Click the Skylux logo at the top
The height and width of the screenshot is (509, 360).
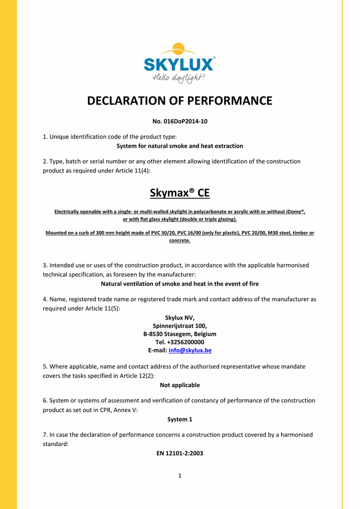point(179,64)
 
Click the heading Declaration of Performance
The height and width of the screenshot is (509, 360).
point(179,100)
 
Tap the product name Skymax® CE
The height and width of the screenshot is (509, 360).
point(179,193)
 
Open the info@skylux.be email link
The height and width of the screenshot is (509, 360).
point(190,350)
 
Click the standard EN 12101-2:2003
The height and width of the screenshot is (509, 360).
point(179,453)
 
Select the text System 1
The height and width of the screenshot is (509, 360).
point(179,419)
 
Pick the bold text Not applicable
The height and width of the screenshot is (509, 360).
point(179,385)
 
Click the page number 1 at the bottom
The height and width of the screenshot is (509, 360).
point(179,475)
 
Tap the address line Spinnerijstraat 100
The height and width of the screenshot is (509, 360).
point(179,325)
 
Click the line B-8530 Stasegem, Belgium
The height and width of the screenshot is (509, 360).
point(179,334)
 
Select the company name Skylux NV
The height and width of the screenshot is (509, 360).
point(179,317)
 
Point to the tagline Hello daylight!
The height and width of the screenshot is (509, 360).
point(178,78)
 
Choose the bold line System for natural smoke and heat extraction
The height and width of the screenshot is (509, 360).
point(179,146)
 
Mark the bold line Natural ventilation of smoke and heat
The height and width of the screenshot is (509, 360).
point(179,283)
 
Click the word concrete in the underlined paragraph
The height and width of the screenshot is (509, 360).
point(179,240)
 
